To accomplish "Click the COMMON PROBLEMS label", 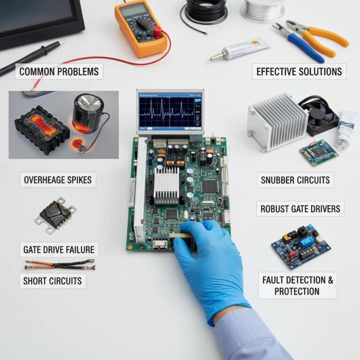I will point(59,72).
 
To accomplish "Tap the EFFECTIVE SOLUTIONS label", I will point(299,72).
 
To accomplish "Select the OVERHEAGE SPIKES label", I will point(58,180).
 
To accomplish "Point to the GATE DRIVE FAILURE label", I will point(59,249).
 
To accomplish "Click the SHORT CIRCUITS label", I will point(52,281).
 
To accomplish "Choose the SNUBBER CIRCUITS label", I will point(295,180).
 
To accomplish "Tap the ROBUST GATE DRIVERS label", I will point(300,209).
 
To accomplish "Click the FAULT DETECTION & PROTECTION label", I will point(297,285).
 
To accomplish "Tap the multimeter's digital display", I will point(133,9).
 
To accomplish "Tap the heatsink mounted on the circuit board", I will point(166,185).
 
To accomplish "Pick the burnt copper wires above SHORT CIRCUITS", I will point(60,265).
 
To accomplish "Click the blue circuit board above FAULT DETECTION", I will point(300,246).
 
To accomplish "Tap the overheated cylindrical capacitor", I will point(88,112).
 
